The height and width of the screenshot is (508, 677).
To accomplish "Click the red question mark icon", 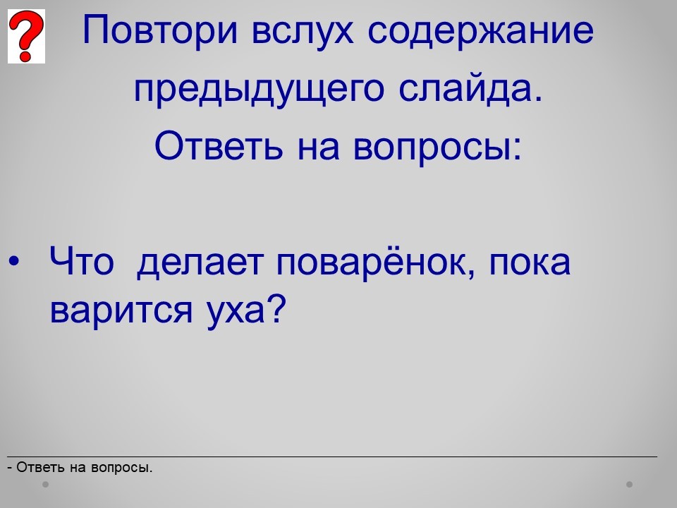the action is coord(26,36).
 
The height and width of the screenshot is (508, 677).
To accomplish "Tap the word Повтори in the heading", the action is coord(160,30).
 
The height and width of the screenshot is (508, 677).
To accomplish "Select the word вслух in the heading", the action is coord(303,30).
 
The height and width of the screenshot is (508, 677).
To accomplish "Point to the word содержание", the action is coord(481,31).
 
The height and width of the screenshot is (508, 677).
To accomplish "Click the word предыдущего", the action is coord(259,90).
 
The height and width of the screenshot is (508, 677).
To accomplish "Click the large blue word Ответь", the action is coord(219,145).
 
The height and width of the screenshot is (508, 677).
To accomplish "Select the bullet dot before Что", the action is coord(14,261).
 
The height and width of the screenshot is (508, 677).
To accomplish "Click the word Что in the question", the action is coord(82,261).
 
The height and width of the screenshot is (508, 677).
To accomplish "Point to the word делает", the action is coord(200,262).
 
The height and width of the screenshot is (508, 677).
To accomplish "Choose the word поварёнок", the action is coord(372,262).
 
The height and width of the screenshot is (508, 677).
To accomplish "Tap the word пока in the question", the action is coord(530,263).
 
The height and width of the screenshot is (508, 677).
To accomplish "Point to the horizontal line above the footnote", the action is coord(332,456).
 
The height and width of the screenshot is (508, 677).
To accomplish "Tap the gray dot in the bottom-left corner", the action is coord(45,484).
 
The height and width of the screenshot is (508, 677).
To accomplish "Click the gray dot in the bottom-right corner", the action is coord(630,484).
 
